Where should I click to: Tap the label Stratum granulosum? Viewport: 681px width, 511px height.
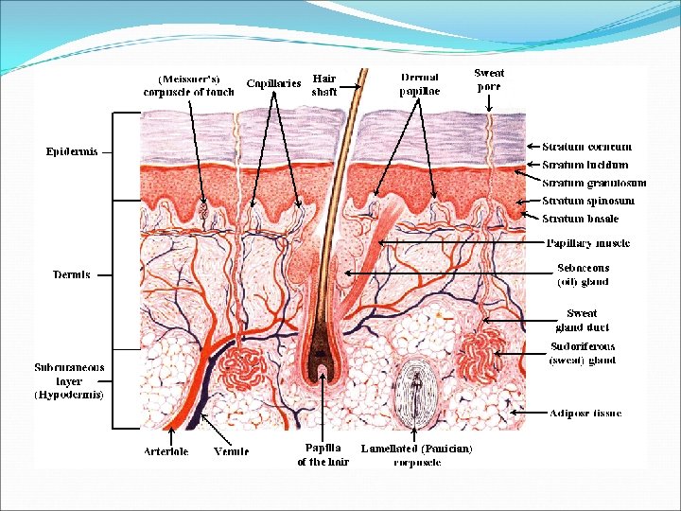[595, 183]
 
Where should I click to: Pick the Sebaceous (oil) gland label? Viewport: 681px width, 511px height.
[584, 274]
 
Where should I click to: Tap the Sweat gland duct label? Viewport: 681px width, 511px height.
[582, 320]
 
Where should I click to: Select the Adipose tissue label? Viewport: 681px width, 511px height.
[586, 414]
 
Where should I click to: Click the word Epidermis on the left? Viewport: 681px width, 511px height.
[72, 151]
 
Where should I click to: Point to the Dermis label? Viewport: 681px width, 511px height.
[72, 275]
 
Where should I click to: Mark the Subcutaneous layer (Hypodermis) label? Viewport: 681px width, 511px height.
[70, 379]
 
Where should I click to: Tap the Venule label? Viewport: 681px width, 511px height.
[232, 451]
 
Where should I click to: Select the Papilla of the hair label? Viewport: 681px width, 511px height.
[323, 454]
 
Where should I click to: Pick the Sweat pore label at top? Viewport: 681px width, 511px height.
[489, 79]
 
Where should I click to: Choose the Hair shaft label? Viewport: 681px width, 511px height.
[324, 85]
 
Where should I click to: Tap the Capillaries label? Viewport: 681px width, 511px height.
[273, 83]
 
